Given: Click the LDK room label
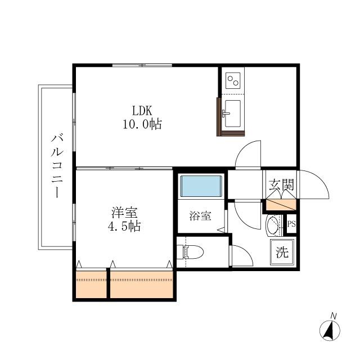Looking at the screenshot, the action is [x=142, y=111].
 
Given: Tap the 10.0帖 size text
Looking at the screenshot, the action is [x=142, y=124].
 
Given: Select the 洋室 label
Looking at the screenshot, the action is [x=124, y=213].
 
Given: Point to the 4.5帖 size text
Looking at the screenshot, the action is [x=124, y=226].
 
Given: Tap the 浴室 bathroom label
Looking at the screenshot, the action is [x=200, y=216].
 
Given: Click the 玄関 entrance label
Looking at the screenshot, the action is [x=281, y=184].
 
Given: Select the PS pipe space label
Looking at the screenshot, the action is [x=291, y=224].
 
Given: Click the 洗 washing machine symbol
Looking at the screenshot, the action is [x=282, y=252].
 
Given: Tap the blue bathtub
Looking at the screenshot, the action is [x=201, y=186].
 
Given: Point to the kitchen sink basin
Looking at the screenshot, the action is [x=233, y=114].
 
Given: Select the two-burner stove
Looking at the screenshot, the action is [x=233, y=80].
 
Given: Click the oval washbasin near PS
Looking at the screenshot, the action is [x=272, y=226].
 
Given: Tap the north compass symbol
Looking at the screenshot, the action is [x=330, y=331].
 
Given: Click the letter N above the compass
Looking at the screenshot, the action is [x=334, y=316].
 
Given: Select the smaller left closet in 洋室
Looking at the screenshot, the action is [x=91, y=284].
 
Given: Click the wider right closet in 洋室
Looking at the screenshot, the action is [x=141, y=284].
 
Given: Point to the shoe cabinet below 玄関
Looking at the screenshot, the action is [x=281, y=205].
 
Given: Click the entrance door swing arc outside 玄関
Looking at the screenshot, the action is [x=321, y=179].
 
